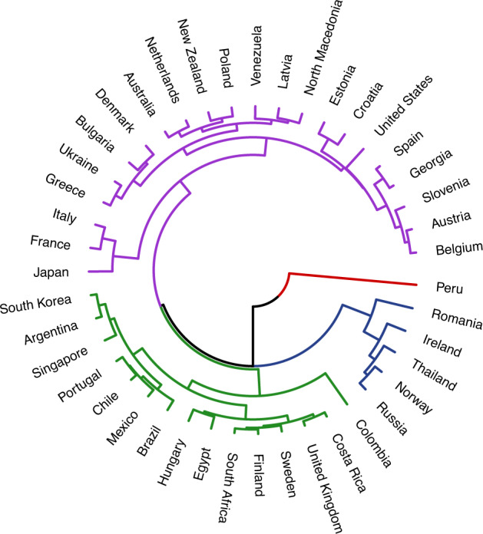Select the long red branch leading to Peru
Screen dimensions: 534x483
point(353,279)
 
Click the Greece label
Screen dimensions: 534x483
point(65,186)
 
